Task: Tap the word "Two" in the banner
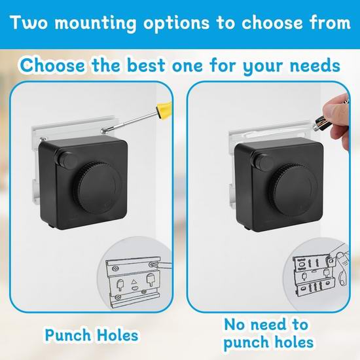point(28,22)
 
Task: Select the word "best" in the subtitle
point(146,65)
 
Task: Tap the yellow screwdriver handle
point(164,111)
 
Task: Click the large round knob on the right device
point(293,190)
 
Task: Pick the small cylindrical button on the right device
point(263,162)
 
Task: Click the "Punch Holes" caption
point(92,335)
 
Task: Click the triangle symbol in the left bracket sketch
point(134,281)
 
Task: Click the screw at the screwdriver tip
point(103,132)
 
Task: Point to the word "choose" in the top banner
point(272,23)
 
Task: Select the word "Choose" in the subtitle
point(52,65)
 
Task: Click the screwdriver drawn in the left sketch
point(162,265)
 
